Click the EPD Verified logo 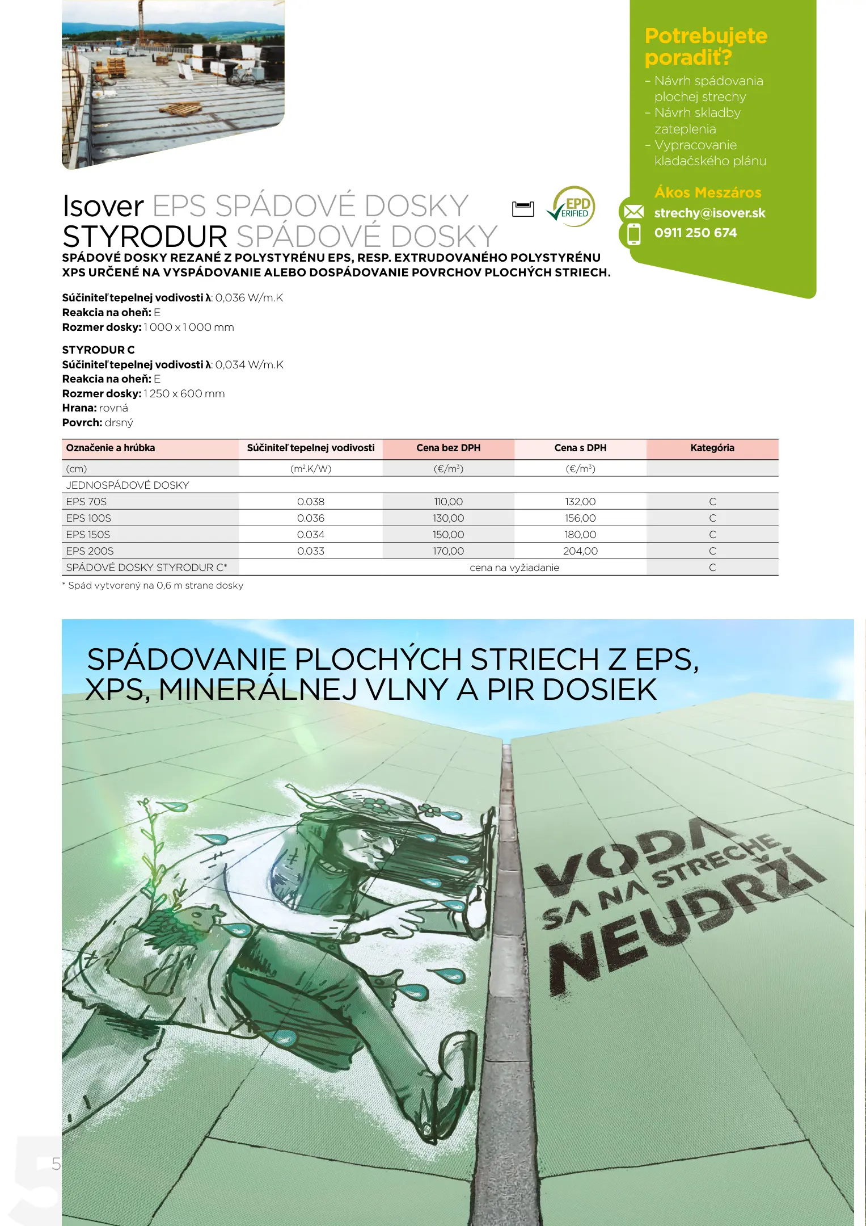point(571,207)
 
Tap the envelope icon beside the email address point(633,212)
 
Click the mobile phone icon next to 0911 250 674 point(633,233)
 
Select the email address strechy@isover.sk point(709,213)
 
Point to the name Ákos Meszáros point(708,192)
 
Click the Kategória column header point(712,448)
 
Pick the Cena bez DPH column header point(448,448)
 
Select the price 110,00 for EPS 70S point(448,502)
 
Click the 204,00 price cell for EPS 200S point(580,551)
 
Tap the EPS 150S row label point(88,535)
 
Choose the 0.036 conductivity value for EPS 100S point(311,518)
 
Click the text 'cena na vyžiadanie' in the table point(514,568)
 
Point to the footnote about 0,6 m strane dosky point(153,586)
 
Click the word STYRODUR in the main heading point(145,236)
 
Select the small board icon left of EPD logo point(523,209)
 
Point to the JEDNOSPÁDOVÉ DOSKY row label point(128,485)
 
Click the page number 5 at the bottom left point(56,1164)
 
